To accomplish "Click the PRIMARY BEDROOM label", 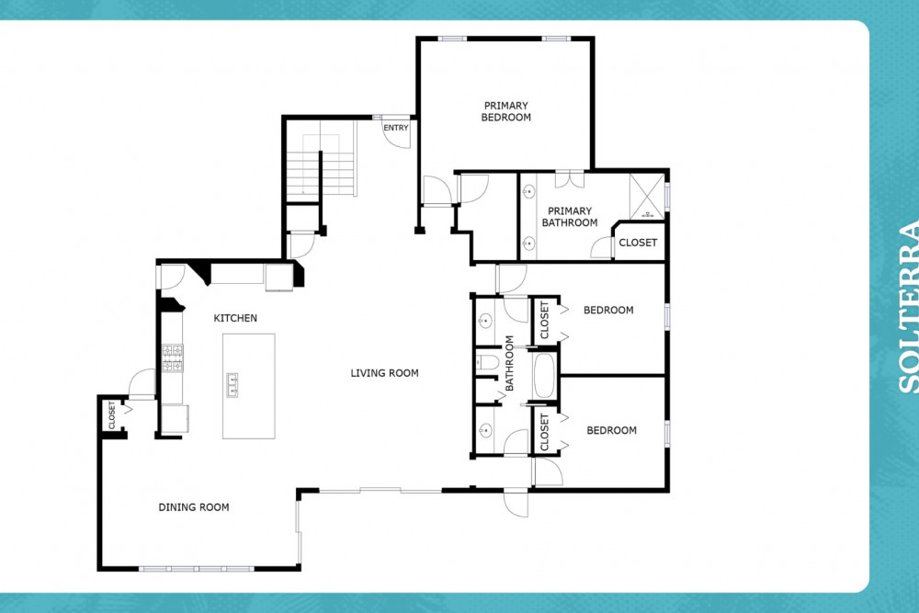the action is (x=505, y=111).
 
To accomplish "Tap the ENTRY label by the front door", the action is (x=395, y=128).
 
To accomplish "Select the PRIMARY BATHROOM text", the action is (x=570, y=217).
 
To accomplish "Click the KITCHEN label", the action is (x=235, y=318).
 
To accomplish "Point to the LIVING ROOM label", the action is (x=384, y=373).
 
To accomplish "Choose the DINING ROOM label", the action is (x=193, y=507).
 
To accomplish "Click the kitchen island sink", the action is (x=233, y=385).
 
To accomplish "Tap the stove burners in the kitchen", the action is (x=173, y=358).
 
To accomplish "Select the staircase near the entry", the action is (x=321, y=158).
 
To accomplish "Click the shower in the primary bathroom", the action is (x=647, y=197).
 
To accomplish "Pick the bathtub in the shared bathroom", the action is (x=544, y=376).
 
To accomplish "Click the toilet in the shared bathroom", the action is (x=486, y=363).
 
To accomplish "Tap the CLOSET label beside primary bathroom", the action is (x=638, y=243).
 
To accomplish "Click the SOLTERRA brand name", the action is (x=908, y=307).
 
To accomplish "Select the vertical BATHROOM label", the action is (x=509, y=363).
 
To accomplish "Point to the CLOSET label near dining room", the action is (x=112, y=414).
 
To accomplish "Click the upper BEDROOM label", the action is (x=608, y=310).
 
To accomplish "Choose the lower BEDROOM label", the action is (x=611, y=430).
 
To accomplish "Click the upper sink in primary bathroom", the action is (x=528, y=191).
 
